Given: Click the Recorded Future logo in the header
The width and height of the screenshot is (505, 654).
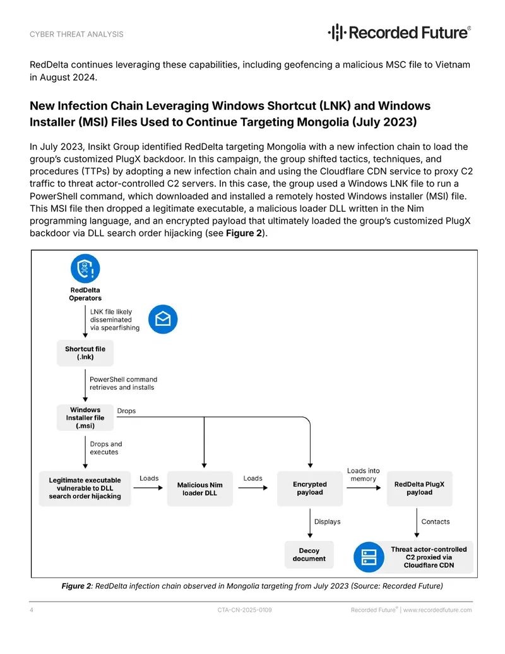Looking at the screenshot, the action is point(399,32).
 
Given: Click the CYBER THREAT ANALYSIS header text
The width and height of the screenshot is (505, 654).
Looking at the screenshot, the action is point(76,34).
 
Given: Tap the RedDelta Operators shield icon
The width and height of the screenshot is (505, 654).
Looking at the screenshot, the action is point(85,269).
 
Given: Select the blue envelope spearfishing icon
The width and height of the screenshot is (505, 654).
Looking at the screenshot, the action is point(163,319).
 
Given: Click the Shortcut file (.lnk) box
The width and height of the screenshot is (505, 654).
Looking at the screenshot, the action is point(85,353).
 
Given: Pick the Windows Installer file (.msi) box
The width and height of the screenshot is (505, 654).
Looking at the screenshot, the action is point(85,418).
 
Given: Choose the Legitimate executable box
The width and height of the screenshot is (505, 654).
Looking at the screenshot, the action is point(85,488).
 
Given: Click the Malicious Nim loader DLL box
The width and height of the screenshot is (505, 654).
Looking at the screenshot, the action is point(200,489).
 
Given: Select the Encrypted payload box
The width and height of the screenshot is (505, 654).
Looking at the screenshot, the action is point(310,488).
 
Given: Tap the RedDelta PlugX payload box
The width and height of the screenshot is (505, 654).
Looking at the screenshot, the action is point(420,488).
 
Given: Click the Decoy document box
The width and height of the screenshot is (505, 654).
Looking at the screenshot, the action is point(309,555).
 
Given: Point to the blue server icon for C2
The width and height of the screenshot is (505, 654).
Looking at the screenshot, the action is point(369,557).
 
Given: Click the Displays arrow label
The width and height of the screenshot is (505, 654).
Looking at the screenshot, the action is point(328,522).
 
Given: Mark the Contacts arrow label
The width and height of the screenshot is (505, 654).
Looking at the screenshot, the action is point(436,522).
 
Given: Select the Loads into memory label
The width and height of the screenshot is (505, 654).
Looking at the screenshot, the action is point(364,475).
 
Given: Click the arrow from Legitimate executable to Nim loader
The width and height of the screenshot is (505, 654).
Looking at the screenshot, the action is point(148,488).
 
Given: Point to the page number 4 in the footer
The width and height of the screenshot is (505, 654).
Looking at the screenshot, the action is point(32,610).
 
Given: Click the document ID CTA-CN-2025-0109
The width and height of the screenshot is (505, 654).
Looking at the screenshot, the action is point(244,610).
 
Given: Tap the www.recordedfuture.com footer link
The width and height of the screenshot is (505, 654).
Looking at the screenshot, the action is point(437,610).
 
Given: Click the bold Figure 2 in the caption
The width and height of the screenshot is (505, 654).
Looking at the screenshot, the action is point(76,586).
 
